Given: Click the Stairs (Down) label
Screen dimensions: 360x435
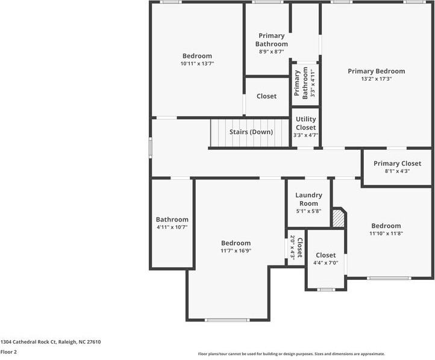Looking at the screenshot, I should [251, 132].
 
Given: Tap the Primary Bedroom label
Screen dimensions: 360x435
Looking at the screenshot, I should [376, 71].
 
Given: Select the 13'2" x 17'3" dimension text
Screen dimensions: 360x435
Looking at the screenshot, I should [376, 79].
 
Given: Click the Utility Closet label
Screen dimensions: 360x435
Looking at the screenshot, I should [305, 123].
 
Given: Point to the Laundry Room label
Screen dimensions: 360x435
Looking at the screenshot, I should [308, 199].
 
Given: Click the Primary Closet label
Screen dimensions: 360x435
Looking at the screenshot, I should [397, 163].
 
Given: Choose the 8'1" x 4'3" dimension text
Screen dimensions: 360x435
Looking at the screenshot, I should [397, 171].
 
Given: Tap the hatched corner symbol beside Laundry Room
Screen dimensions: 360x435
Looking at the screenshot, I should [339, 218].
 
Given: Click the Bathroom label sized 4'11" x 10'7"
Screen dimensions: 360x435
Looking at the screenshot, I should [172, 220].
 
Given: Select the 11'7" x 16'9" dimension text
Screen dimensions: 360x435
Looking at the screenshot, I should [235, 250].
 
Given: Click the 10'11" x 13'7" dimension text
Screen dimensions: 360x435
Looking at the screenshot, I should [197, 64].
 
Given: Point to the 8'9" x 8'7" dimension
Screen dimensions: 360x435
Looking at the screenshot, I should [271, 52].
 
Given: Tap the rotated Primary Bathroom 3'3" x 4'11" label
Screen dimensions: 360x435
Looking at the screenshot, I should [301, 83].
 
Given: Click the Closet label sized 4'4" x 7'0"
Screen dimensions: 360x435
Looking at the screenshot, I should [326, 255].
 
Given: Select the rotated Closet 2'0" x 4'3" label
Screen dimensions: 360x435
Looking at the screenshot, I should [296, 247].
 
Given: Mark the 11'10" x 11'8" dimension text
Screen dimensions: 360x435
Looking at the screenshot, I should [386, 234].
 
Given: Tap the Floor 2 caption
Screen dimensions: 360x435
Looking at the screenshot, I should [8, 352].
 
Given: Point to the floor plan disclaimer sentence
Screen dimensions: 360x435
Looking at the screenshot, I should [291, 354].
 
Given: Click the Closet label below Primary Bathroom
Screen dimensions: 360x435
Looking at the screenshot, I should [266, 96].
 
